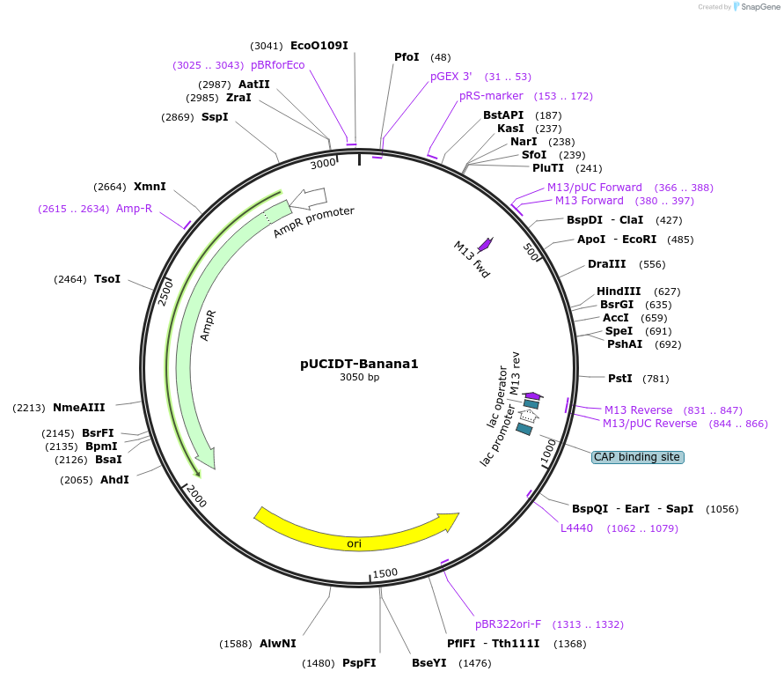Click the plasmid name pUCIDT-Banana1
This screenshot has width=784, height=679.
(359, 363)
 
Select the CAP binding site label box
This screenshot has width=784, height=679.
(638, 457)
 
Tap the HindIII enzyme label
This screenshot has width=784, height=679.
(619, 292)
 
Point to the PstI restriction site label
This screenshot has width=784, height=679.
(620, 379)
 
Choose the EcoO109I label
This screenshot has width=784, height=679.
(319, 45)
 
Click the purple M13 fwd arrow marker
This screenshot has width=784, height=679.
(485, 245)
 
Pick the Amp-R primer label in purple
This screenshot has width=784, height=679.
(134, 209)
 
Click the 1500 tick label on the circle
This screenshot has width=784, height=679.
(385, 573)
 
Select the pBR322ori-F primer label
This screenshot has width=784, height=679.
(509, 624)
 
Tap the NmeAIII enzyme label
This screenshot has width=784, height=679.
(79, 408)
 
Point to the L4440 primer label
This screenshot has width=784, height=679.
(577, 528)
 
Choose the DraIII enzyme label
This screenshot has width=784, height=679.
(607, 264)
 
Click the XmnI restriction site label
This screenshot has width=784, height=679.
(150, 187)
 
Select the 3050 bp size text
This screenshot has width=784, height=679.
(359, 378)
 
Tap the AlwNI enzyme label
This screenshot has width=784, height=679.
(278, 644)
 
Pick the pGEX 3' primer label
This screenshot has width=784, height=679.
(451, 77)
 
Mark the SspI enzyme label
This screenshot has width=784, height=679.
(215, 117)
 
